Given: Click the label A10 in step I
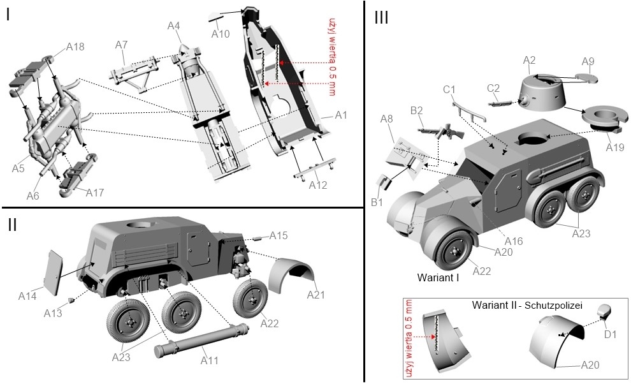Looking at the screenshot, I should coord(221,34).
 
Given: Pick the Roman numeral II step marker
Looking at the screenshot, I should coord(13,225).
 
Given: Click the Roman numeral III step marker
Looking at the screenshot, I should coord(381,18).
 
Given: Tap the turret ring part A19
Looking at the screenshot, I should coord(604,119).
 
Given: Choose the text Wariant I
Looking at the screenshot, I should coord(439,277).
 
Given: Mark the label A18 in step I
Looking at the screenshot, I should coord(75,47).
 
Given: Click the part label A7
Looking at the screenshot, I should coord(122,44).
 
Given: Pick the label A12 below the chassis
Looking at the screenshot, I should coord(317,185).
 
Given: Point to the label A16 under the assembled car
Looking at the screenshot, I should coord(514,241).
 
